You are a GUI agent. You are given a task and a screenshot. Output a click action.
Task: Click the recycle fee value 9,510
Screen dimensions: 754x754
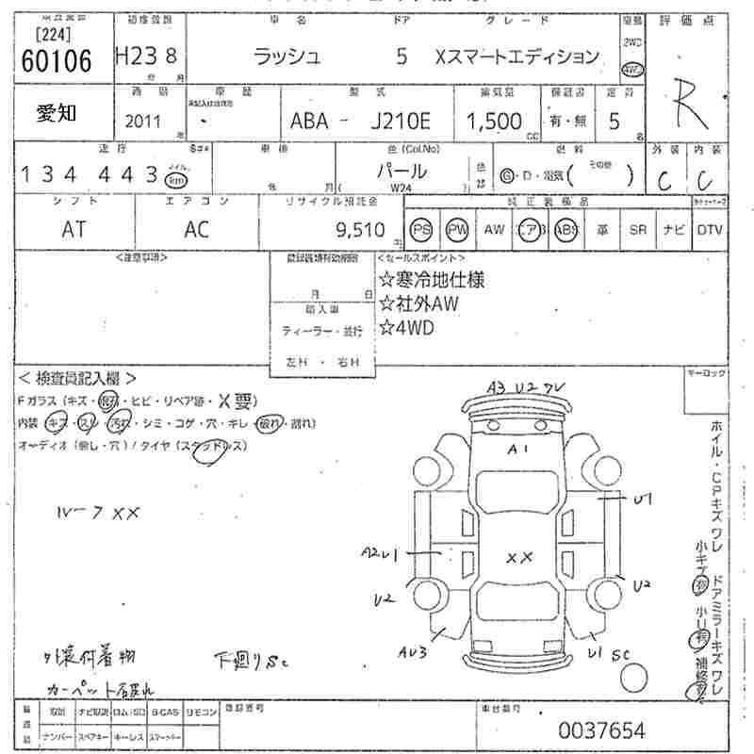[x=360, y=228]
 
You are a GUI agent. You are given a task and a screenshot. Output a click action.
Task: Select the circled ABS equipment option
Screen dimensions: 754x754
[x=565, y=229]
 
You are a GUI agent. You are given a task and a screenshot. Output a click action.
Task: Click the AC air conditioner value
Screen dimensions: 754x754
[x=197, y=228]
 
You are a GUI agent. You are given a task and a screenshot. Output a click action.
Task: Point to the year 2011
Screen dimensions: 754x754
[x=142, y=123]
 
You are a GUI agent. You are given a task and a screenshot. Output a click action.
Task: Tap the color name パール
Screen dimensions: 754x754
[x=402, y=172]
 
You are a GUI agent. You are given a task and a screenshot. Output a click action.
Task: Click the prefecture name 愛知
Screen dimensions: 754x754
[x=57, y=113]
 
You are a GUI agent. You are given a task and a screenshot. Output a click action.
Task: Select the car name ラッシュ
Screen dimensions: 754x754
[x=288, y=57]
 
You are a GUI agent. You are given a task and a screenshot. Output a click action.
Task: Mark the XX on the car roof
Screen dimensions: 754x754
[x=519, y=558]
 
